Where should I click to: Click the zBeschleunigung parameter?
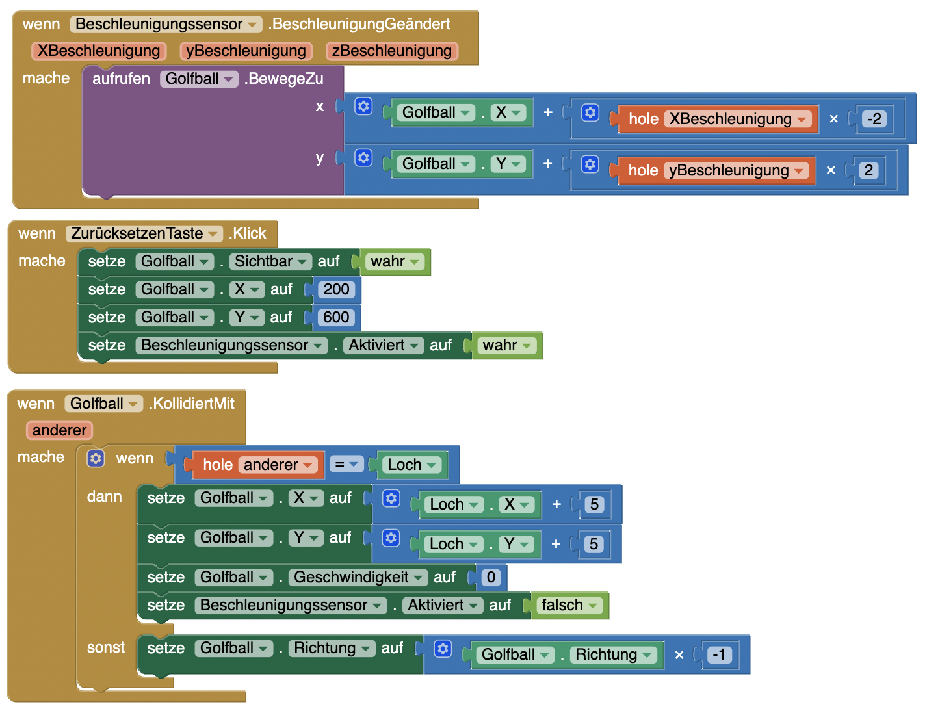(x=391, y=51)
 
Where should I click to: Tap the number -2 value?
(x=874, y=118)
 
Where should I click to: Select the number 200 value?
(x=335, y=289)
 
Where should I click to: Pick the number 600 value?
(x=335, y=317)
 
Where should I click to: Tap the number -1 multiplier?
(x=719, y=654)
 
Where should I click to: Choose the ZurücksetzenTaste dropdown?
(x=144, y=233)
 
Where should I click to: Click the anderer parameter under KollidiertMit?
(x=59, y=430)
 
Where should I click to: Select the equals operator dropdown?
(x=346, y=464)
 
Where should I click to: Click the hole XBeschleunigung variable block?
(x=716, y=118)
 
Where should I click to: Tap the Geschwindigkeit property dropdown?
(x=358, y=577)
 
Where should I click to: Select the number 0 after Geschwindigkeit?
(x=491, y=577)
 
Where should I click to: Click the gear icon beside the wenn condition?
(x=96, y=458)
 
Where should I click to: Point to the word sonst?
(x=106, y=647)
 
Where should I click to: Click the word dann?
(x=105, y=497)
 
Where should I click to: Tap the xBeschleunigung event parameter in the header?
(x=99, y=51)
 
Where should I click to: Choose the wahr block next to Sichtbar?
(x=395, y=261)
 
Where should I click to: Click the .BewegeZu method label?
(x=283, y=79)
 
